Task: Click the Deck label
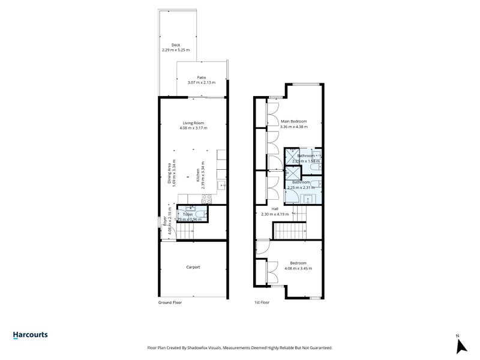coord(176,45)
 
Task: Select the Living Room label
coord(193,123)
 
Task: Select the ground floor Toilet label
coord(188,214)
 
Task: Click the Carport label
coord(193,267)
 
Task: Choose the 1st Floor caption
coord(262,303)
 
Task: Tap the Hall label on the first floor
coord(275,209)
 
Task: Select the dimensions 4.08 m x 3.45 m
coord(298,268)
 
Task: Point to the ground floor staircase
coord(194,231)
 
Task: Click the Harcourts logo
coord(30,335)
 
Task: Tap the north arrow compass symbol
coord(461,344)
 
